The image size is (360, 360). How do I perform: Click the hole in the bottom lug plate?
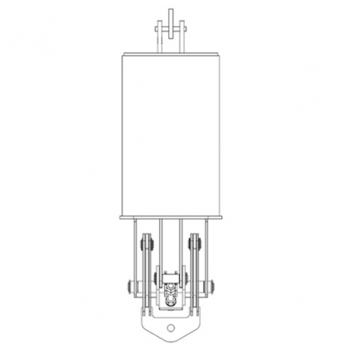[171, 329]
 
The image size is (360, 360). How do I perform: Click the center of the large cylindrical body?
[172, 132]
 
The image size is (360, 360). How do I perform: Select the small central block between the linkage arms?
[171, 277]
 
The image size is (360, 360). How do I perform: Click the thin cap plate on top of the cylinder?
[172, 52]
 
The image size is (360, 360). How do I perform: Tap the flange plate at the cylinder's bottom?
[172, 219]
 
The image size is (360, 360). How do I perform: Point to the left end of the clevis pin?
[155, 26]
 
